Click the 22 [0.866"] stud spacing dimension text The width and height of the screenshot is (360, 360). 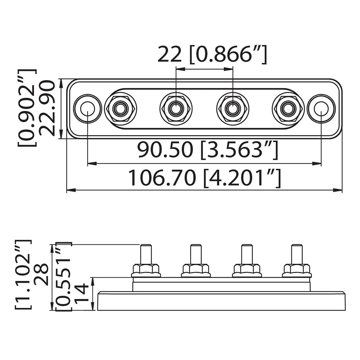click(212, 55)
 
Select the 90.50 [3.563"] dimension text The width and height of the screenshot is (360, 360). click(208, 150)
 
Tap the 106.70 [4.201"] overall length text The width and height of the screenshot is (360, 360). click(204, 178)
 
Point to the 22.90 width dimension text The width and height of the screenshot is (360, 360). click(47, 108)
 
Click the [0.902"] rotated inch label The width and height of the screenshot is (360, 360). click(27, 108)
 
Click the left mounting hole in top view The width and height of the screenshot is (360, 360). click(87, 108)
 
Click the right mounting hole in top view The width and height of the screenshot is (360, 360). click(321, 108)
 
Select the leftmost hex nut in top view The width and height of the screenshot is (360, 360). click(120, 108)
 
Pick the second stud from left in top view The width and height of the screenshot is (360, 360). click(176, 108)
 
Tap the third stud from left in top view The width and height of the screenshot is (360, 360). click(233, 108)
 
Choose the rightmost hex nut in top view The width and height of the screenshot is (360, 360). click(288, 108)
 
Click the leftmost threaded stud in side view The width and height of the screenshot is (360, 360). click(146, 254)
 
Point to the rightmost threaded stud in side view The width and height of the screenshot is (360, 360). click(296, 254)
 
